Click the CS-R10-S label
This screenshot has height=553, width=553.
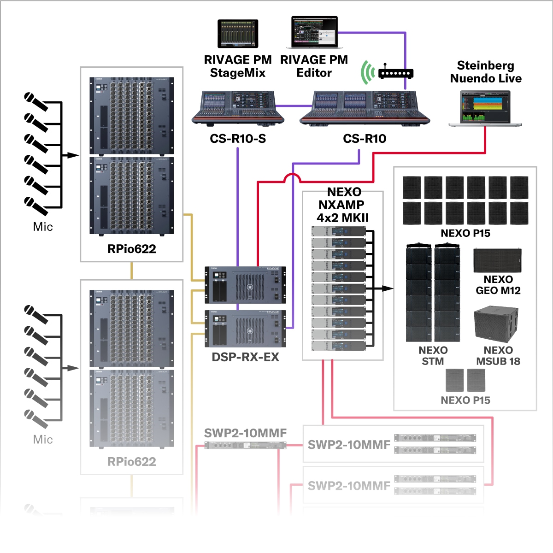238,139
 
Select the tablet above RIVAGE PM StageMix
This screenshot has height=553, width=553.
238,34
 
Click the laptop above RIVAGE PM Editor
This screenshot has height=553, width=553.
314,33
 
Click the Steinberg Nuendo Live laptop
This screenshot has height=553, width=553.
485,109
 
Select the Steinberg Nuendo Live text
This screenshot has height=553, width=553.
486,72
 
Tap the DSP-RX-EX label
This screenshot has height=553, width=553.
245,357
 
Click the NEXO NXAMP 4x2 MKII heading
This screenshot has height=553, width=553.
343,205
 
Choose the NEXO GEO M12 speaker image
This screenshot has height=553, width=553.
497,261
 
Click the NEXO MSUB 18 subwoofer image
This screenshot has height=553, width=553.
496,324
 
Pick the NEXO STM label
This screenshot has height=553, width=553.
433,356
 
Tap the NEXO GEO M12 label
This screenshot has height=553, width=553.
498,285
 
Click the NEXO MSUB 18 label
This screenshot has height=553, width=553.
498,356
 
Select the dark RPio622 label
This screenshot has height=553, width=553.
132,249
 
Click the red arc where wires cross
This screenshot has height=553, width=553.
292,177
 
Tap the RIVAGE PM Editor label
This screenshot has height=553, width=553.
314,66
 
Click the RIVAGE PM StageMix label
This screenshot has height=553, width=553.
238,66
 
